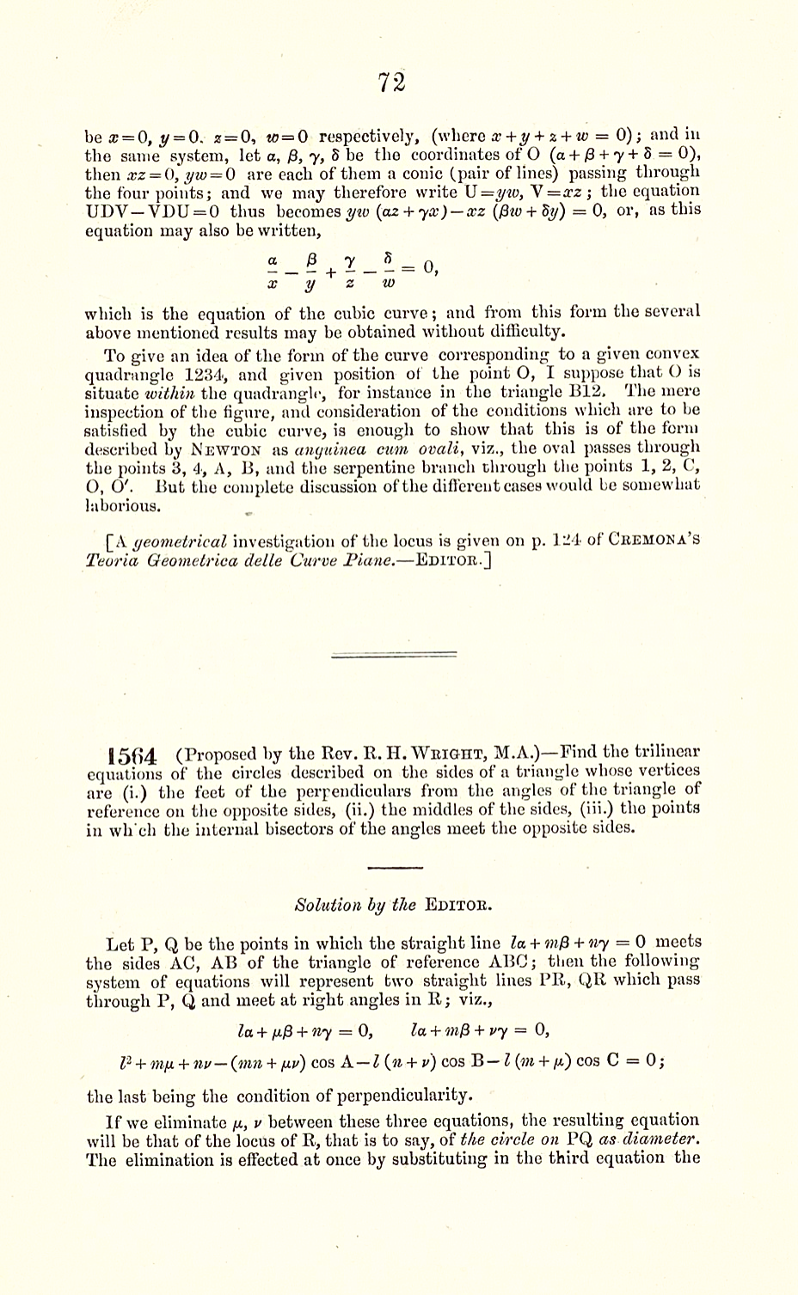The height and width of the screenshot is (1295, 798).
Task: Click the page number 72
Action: (391, 82)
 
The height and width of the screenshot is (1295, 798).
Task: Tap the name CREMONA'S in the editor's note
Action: (656, 541)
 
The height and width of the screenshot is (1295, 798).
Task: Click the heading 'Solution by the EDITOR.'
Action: (392, 905)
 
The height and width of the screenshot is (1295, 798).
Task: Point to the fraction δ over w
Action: (389, 269)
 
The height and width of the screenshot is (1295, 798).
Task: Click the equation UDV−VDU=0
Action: (153, 211)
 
